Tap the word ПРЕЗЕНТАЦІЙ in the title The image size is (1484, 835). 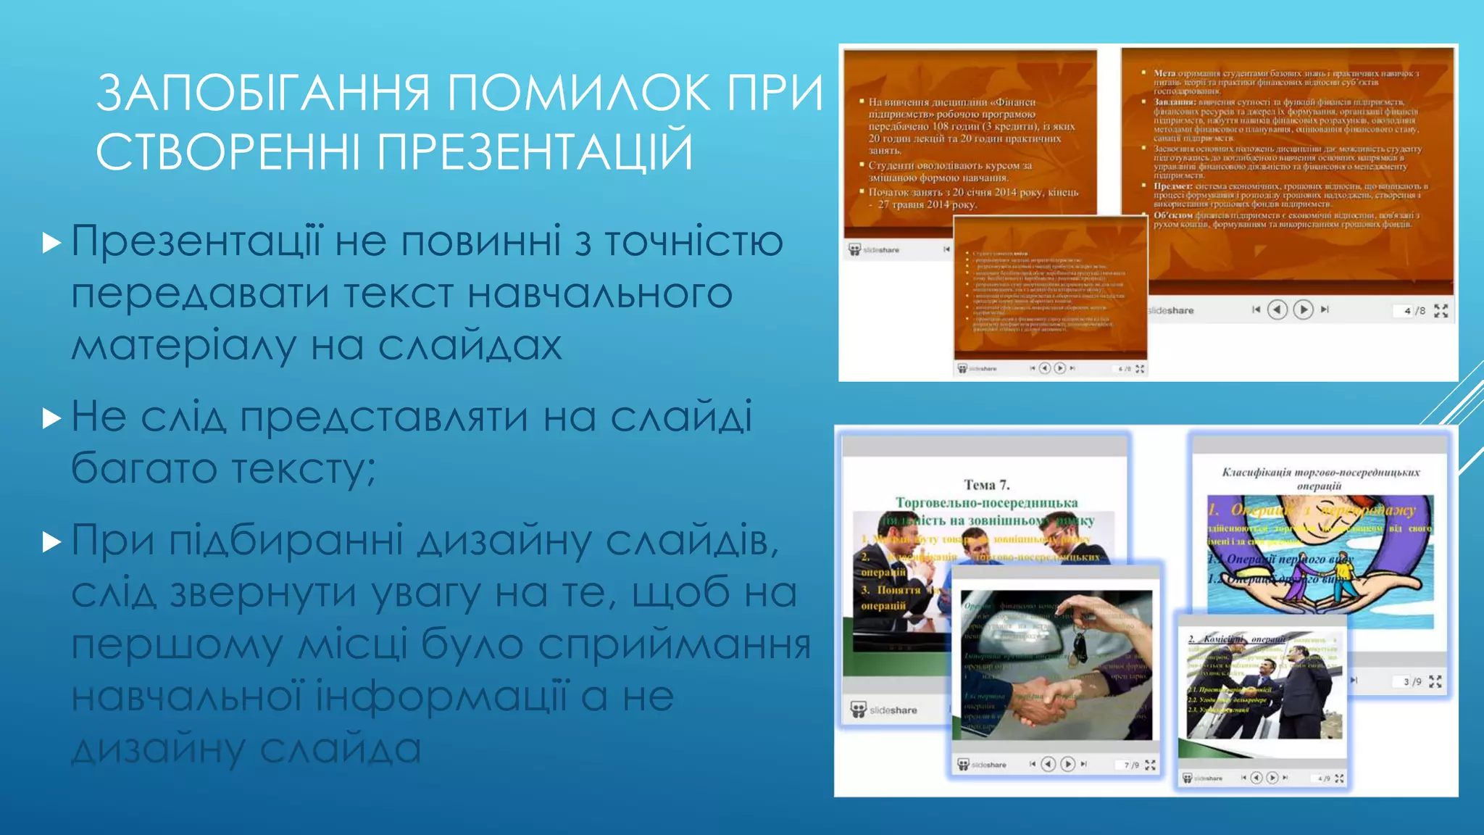[x=535, y=151]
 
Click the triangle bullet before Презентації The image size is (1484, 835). [x=51, y=242]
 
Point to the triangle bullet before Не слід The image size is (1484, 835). [x=51, y=418]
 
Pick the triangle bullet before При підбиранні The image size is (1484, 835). [x=51, y=541]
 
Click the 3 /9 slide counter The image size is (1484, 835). [x=1412, y=682]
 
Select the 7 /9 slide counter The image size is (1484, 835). [x=1130, y=765]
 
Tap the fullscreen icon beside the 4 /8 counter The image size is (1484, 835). [x=1441, y=311]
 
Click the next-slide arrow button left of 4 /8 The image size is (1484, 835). [x=1303, y=310]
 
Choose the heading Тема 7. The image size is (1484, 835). [x=986, y=485]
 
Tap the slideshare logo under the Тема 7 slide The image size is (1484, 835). [x=884, y=710]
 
